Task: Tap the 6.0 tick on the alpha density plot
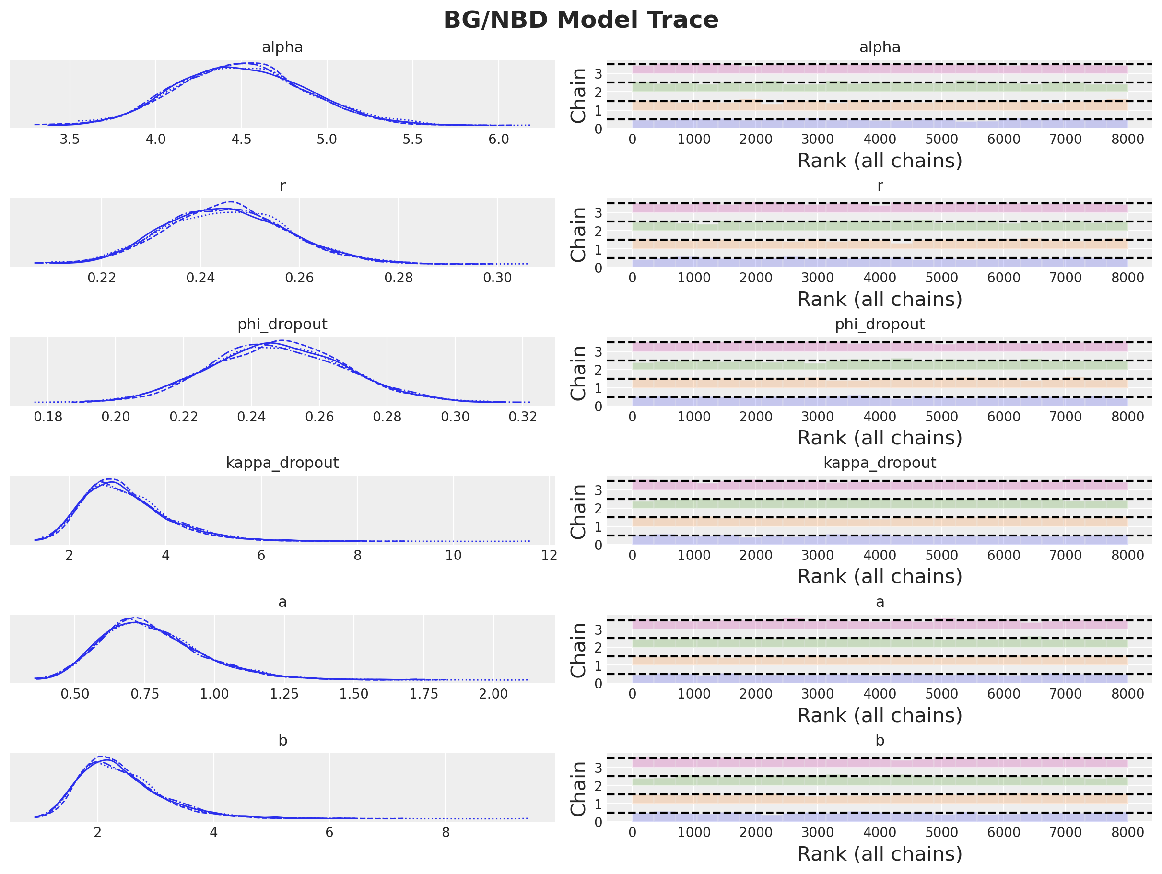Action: pos(499,139)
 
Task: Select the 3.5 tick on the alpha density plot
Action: pos(70,139)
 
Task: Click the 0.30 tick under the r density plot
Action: pos(497,278)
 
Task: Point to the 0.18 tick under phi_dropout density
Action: pos(48,417)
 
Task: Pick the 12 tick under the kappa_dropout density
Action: pos(549,555)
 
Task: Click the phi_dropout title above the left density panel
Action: pos(282,324)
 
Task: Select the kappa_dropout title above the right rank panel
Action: pos(880,463)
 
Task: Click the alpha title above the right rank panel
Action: pos(880,47)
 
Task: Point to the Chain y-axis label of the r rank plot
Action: pos(578,234)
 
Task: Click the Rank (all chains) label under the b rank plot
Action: pos(880,854)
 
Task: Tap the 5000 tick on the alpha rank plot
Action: pos(941,139)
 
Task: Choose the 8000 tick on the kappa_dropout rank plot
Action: pos(1127,555)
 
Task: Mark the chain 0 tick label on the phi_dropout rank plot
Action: pos(598,406)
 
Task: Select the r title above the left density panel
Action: pos(282,186)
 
